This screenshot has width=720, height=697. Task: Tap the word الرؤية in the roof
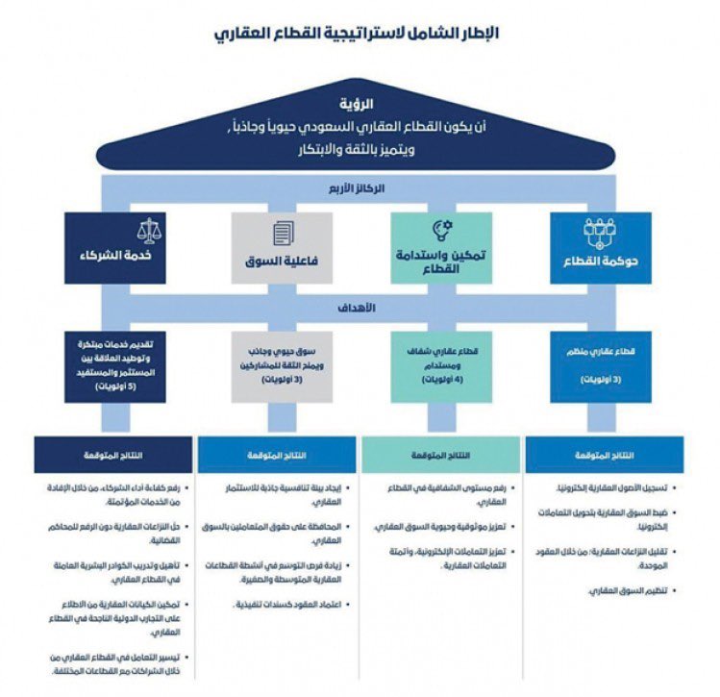coord(359,103)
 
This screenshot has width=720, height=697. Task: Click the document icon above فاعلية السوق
coord(282,234)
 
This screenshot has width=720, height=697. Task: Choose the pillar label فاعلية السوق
coord(282,261)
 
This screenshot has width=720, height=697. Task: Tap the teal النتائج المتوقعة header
coord(440,454)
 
